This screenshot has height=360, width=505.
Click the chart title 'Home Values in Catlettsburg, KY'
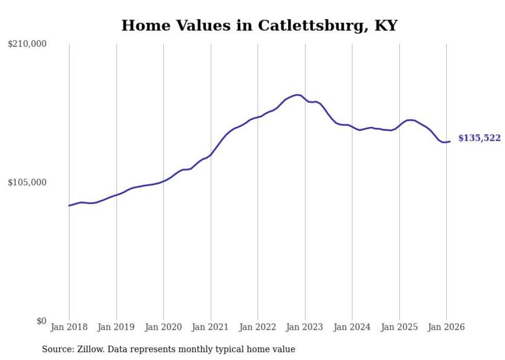click(259, 25)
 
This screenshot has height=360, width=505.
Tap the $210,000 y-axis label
click(27, 44)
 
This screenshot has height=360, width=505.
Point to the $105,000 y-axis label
click(27, 182)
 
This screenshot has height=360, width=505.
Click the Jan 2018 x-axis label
click(69, 327)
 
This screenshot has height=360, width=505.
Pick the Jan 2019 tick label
click(116, 327)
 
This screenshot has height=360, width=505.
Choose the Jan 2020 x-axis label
click(163, 327)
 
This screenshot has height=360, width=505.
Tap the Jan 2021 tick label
click(211, 327)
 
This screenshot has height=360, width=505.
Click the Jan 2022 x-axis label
click(258, 327)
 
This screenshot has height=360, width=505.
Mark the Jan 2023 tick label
click(305, 327)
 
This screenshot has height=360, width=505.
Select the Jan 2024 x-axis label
click(352, 327)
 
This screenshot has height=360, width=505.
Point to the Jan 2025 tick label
click(399, 327)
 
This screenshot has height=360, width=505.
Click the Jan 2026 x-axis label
click(446, 327)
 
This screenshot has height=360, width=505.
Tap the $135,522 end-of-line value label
click(479, 138)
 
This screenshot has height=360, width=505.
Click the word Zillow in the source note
click(88, 349)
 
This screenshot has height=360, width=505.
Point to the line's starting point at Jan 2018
click(69, 205)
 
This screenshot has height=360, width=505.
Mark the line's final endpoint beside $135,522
click(450, 141)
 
